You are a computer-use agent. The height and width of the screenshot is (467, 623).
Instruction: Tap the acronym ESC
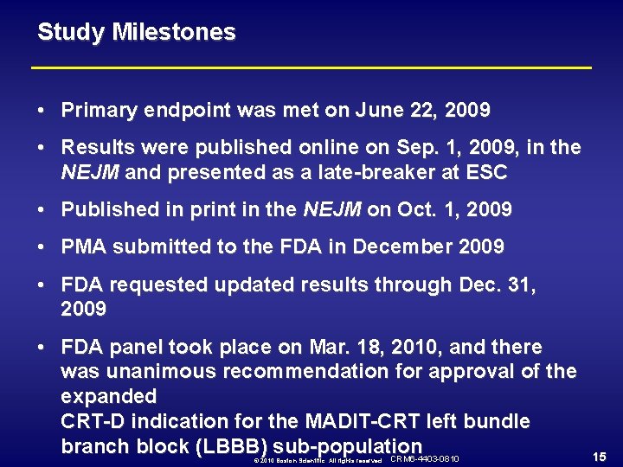click(488, 173)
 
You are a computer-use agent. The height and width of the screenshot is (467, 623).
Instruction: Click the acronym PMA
click(83, 247)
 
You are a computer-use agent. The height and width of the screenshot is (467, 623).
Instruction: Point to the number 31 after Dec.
click(521, 285)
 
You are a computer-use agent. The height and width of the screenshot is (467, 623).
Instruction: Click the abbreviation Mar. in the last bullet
click(324, 348)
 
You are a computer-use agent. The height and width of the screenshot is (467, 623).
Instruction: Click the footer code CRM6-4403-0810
click(425, 458)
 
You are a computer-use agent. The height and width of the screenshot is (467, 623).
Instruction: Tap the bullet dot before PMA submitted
click(42, 247)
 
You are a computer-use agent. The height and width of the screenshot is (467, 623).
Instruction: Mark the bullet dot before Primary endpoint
click(42, 111)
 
